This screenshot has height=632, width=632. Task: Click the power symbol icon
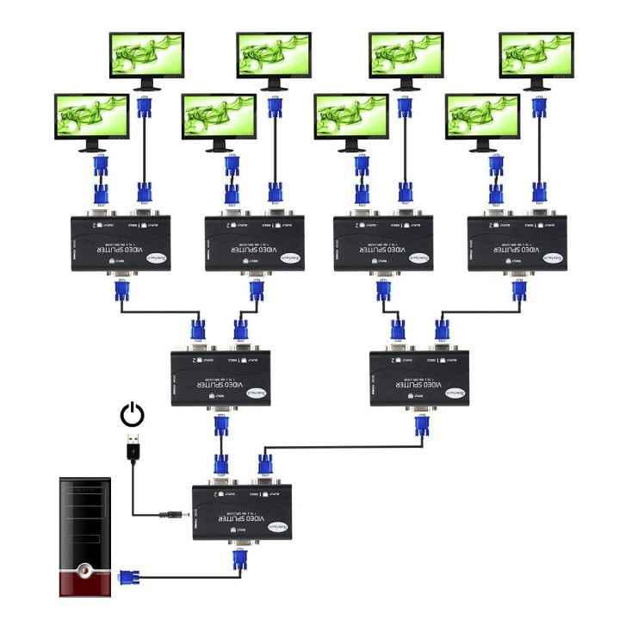[x=132, y=415]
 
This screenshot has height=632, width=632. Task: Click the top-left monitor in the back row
[x=146, y=57]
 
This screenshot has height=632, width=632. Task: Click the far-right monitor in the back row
[x=536, y=57]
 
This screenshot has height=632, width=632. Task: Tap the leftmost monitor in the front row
[x=91, y=119]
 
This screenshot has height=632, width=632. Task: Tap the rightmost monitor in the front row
[x=482, y=119]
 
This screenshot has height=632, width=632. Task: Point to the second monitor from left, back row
[x=274, y=57]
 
